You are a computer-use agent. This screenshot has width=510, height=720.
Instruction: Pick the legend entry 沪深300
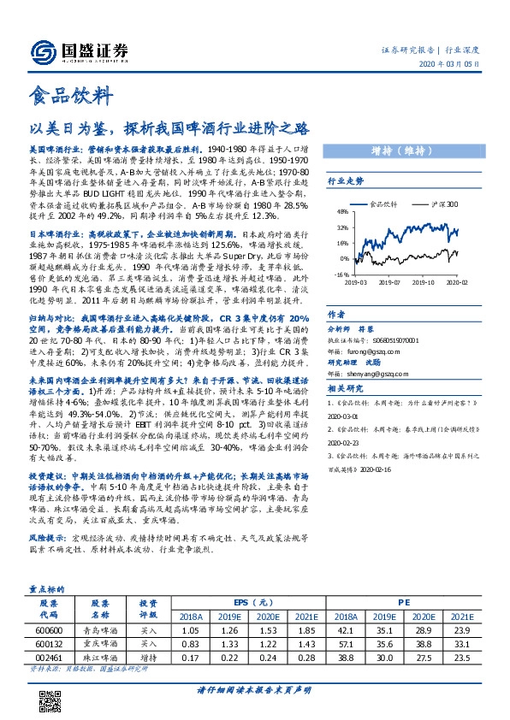coord(443,205)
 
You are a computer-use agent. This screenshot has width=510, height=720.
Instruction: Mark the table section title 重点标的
coord(44,590)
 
